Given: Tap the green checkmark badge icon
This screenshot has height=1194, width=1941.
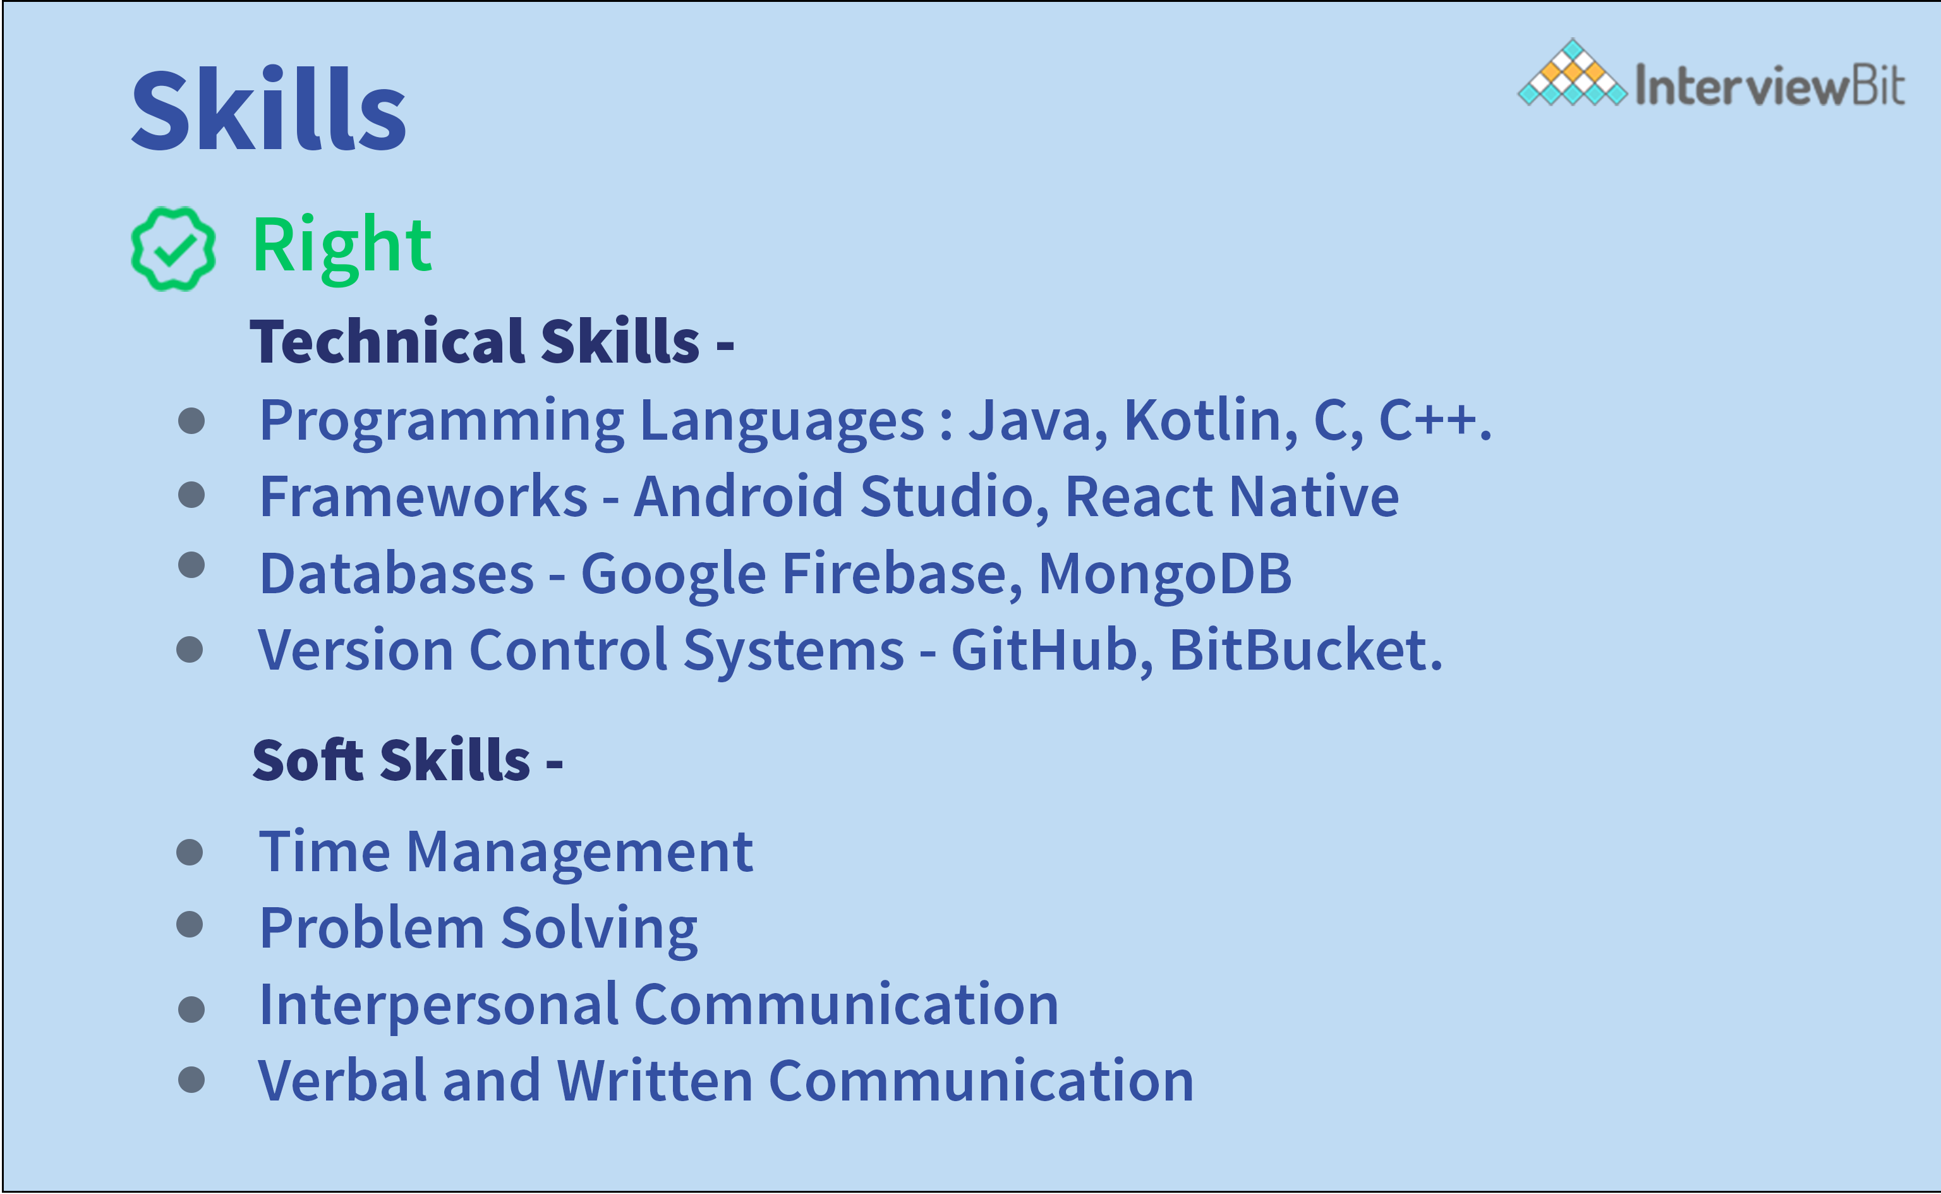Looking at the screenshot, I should pos(173,249).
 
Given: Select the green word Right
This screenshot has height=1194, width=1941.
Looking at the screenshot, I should pos(341,246).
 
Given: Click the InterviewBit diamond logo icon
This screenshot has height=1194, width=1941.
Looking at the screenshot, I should pos(1572,73).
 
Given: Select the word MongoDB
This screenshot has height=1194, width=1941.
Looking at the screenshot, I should pos(1164,574).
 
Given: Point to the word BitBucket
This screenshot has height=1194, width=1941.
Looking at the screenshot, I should pos(1305,651).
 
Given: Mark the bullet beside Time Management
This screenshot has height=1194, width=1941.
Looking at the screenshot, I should pos(190,852).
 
